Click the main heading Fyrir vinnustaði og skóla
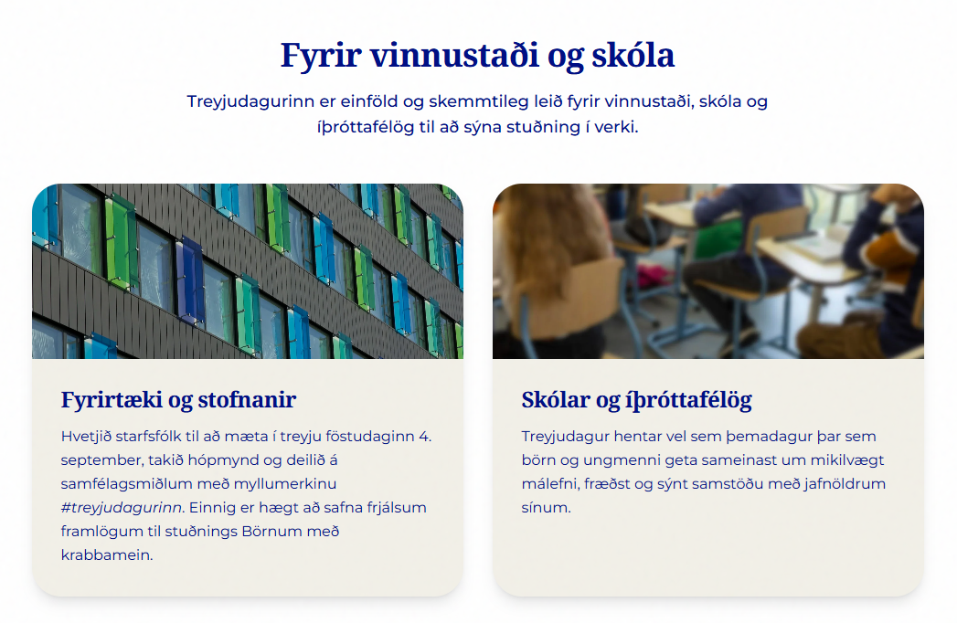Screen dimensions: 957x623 click(x=477, y=56)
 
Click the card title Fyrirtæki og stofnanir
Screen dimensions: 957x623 click(x=178, y=400)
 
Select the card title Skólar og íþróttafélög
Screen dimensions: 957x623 click(x=636, y=400)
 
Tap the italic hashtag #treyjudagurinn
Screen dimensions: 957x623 click(x=122, y=508)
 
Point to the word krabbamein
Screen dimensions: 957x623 click(x=106, y=555)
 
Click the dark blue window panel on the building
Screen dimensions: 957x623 click(x=190, y=280)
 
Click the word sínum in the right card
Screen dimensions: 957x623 click(x=546, y=508)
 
